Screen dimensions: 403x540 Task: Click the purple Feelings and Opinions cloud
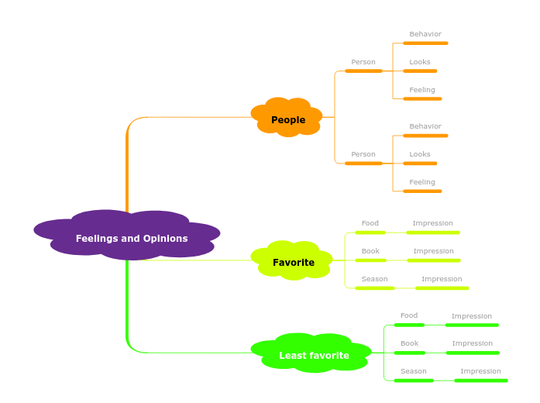coord(130,238)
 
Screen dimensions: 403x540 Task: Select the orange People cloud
coord(287,119)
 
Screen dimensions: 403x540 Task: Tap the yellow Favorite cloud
coord(293,262)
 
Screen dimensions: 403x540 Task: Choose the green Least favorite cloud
coord(313,355)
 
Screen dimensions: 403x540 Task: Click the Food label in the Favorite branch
coord(370,223)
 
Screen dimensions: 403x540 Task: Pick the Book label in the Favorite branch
coord(370,251)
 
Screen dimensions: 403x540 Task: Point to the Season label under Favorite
coord(374,279)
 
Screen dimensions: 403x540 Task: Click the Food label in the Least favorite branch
coord(408,315)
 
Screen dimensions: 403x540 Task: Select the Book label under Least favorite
coord(409,343)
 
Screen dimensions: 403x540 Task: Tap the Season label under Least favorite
coord(413,371)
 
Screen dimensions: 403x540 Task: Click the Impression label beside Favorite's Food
coord(432,223)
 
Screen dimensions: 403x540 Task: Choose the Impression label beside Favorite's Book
coord(433,251)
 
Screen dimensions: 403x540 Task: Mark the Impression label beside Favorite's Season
coord(442,279)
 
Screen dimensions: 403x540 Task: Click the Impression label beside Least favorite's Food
coord(471,316)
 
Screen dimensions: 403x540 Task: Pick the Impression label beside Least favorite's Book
coord(472,343)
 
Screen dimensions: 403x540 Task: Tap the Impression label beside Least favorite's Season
coord(480,371)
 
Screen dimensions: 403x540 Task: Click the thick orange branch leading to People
coord(127,170)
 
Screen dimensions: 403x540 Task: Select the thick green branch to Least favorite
coord(127,310)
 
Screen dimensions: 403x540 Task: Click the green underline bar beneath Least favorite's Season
coord(413,381)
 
